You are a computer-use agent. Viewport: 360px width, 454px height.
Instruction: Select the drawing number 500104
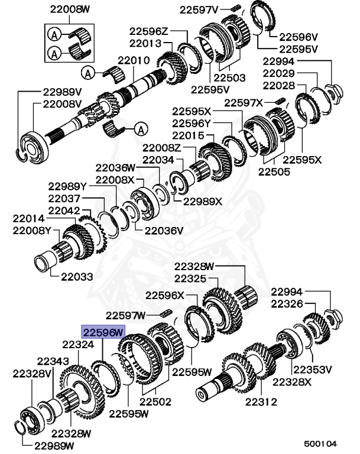coord(321,442)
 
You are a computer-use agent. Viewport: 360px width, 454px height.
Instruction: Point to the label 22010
coord(134,61)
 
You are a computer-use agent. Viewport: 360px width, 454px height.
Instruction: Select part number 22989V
coord(62,92)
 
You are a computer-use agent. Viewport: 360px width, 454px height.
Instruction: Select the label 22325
coord(190,277)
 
